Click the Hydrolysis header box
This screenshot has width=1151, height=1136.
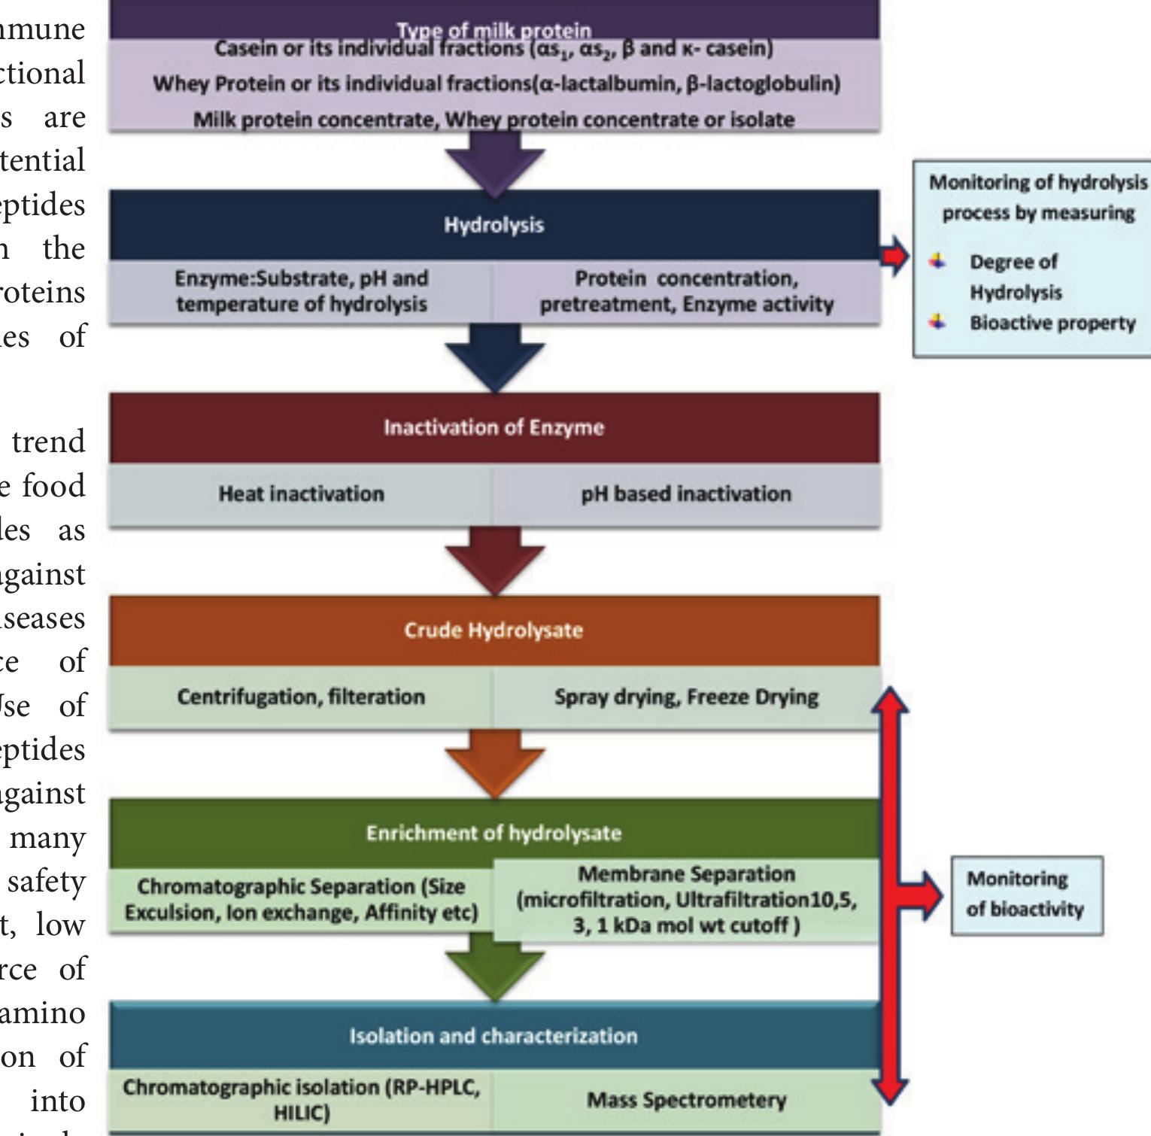[x=494, y=225]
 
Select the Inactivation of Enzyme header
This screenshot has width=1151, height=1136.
[x=494, y=427]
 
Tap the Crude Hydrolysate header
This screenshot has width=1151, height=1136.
[x=494, y=630]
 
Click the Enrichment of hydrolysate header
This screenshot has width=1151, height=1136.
[x=494, y=833]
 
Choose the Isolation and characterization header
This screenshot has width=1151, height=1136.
[x=494, y=1036]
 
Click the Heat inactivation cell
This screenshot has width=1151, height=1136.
[x=301, y=494]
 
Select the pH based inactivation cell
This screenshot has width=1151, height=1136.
[x=686, y=494]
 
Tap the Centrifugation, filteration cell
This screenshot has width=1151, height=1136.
[x=301, y=697]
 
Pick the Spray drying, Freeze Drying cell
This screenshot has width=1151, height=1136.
[x=686, y=697]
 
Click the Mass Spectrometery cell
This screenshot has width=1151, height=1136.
[x=686, y=1101]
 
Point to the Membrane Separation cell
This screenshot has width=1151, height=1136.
[x=686, y=900]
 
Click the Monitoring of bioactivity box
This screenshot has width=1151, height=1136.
[x=1026, y=895]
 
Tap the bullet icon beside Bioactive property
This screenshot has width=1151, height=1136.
[x=937, y=322]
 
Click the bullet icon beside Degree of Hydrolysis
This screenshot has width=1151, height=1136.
[x=937, y=261]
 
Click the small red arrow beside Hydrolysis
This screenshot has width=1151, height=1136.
[x=894, y=256]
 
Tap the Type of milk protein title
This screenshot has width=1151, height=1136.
[x=494, y=30]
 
